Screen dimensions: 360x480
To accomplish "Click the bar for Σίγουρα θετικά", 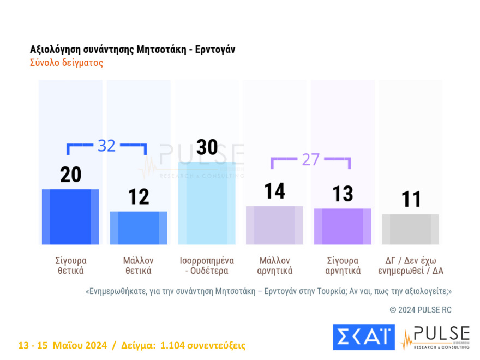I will tap(70, 217).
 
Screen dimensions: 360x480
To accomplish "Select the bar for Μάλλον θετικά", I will tap(139, 227).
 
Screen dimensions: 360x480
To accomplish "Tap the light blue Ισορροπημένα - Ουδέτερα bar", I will tap(207, 203).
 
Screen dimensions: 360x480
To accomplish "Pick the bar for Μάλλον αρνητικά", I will tap(274, 225).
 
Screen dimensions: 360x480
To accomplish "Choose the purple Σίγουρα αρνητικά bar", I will tap(343, 226).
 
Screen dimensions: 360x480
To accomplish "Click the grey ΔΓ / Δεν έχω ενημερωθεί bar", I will tap(410, 229).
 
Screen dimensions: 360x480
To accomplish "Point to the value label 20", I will tap(70, 175).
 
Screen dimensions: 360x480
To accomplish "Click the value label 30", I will tap(207, 147).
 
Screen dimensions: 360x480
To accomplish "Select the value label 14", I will tap(274, 191).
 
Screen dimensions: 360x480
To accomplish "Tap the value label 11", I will tap(411, 200).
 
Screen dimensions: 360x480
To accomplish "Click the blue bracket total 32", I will tap(106, 146).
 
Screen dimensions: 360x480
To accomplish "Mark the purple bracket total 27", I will tap(310, 159).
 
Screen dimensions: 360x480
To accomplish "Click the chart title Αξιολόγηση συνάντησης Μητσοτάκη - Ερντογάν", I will tap(133, 50).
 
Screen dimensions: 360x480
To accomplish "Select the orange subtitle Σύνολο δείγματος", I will tap(66, 63).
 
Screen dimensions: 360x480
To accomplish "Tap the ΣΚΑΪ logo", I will tap(363, 337).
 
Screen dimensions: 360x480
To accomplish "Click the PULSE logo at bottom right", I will tap(435, 337).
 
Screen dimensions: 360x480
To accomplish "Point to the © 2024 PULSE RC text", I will tap(421, 310).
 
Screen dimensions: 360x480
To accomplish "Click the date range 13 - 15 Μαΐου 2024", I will tap(63, 345).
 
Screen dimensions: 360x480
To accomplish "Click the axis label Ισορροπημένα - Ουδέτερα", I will tap(207, 265).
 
